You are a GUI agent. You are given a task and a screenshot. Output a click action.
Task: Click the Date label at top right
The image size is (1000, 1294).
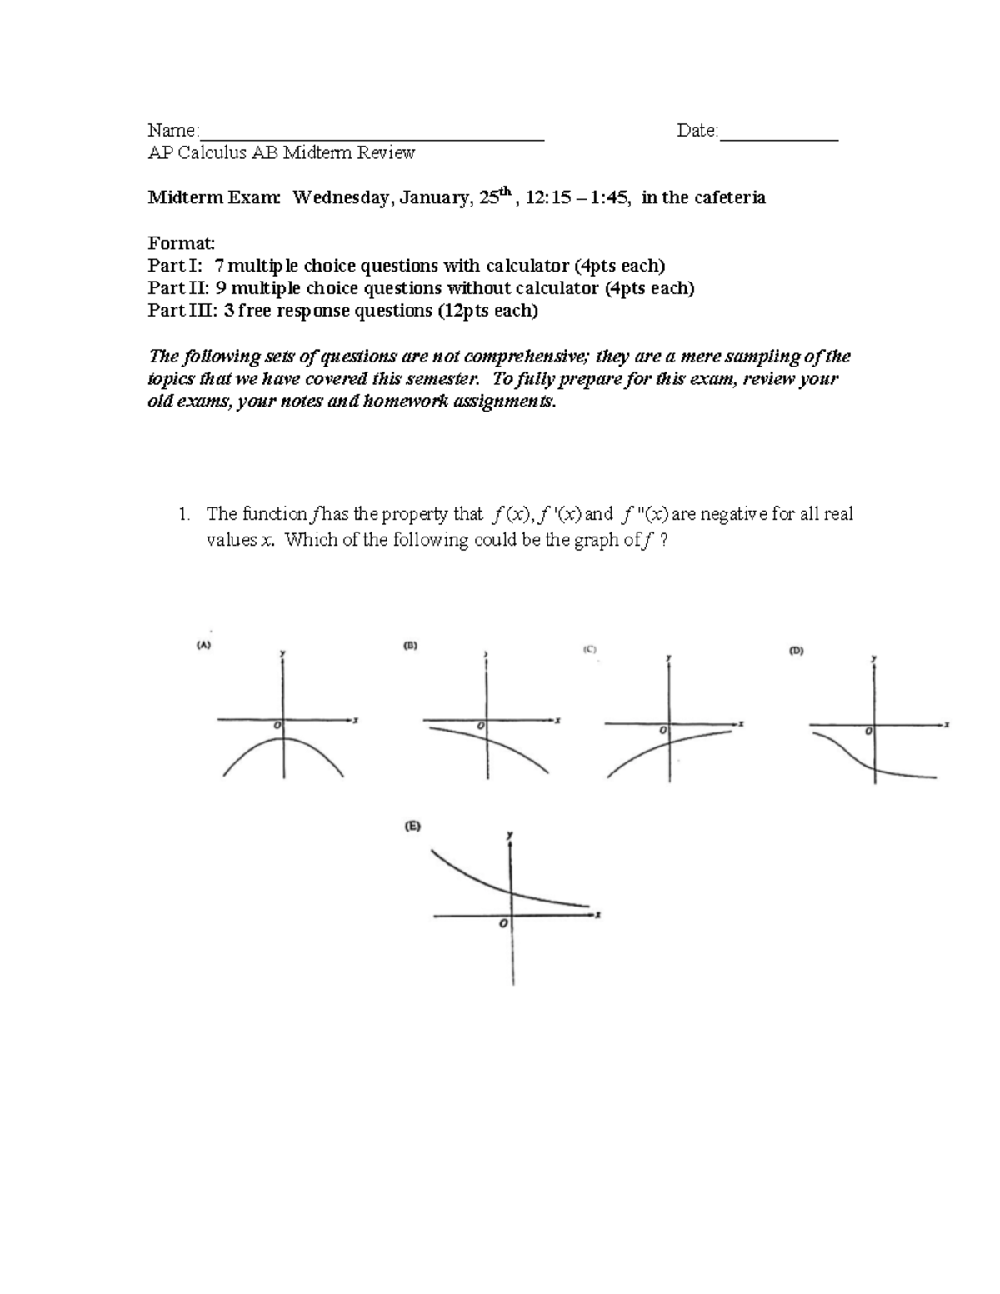pos(696,131)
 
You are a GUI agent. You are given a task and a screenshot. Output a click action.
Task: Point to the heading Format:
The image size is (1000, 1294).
pos(181,243)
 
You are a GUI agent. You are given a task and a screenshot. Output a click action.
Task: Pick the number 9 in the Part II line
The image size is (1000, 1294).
pos(221,288)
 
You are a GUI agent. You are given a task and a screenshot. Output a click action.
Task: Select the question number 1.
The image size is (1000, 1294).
pos(183,514)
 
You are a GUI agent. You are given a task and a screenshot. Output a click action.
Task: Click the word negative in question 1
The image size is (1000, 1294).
pos(733,514)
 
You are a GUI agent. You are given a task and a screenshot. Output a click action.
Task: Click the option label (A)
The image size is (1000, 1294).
pos(204,644)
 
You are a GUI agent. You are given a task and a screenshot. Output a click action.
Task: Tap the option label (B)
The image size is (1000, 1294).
pos(410,645)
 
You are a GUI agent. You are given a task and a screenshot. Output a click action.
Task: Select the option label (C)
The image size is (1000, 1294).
pos(590,649)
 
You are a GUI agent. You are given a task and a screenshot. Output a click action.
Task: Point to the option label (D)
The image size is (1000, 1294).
pos(796,652)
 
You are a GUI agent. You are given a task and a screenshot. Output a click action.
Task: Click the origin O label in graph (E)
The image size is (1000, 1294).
pos(502,925)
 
